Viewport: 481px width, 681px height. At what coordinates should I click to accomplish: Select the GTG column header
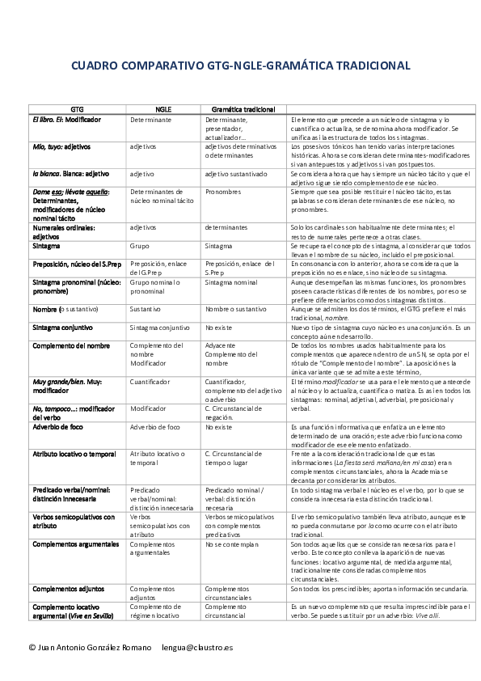(x=77, y=108)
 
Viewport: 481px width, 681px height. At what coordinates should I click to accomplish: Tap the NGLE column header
(x=163, y=108)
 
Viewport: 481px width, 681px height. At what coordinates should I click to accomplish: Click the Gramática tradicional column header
(x=243, y=108)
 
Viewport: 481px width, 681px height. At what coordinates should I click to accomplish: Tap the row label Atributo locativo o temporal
(x=74, y=454)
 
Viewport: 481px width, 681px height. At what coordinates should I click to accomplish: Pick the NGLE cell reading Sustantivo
(x=146, y=309)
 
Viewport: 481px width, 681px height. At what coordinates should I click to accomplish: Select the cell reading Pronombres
(x=223, y=192)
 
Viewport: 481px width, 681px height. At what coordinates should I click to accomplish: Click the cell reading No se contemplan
(x=231, y=544)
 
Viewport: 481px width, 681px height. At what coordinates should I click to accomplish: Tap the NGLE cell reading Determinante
(x=150, y=119)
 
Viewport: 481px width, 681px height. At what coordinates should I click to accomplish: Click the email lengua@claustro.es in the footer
(x=197, y=647)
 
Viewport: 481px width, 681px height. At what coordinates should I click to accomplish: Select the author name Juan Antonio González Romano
(x=89, y=647)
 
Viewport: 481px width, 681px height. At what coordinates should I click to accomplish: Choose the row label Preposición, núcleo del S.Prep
(x=78, y=264)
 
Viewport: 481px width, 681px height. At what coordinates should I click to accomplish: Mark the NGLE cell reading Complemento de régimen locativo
(x=154, y=611)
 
